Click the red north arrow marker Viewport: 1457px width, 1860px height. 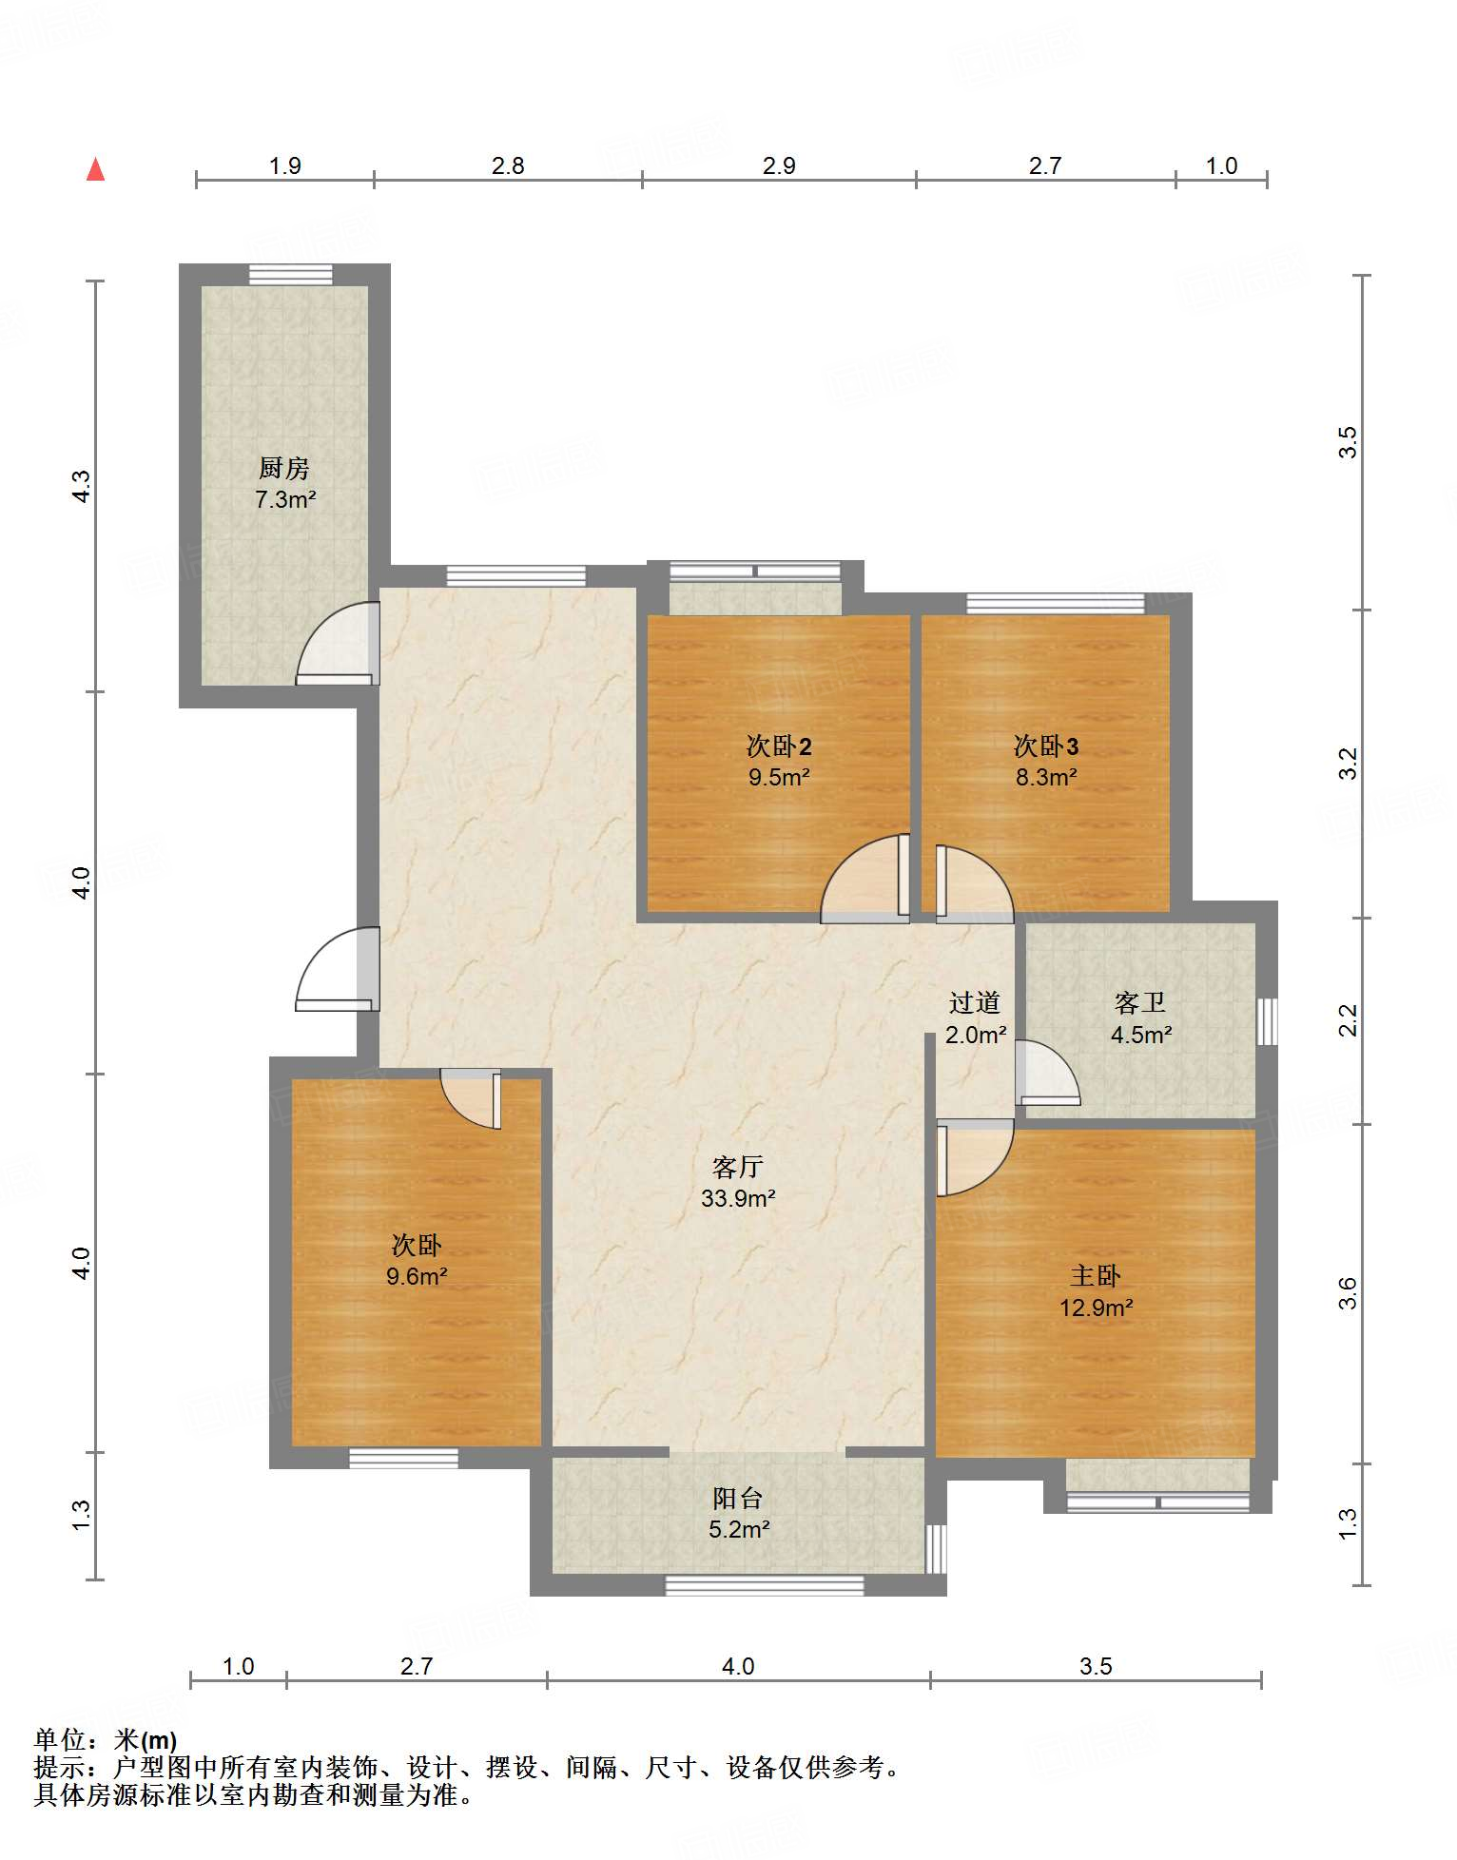coord(95,169)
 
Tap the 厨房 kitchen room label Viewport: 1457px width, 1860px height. coord(284,468)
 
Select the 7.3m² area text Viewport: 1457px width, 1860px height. coord(285,499)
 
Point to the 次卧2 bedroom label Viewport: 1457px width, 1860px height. coord(779,746)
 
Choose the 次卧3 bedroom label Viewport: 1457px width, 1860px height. coord(1046,746)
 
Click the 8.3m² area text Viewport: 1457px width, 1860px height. coord(1046,777)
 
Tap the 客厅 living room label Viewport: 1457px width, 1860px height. coord(738,1167)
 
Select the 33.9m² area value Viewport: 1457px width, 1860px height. coord(738,1198)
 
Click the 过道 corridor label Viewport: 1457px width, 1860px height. coord(975,1002)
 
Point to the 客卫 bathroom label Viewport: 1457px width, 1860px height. coord(1140,1002)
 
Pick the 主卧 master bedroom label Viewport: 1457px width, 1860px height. coord(1096,1276)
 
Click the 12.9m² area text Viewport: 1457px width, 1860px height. coord(1096,1308)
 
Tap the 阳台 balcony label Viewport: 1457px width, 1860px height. coord(738,1499)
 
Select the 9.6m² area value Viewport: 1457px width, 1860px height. coord(417,1276)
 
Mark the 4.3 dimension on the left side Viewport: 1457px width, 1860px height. coord(82,487)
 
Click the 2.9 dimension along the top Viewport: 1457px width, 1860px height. coord(779,165)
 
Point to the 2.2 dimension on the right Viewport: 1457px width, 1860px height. coord(1349,1020)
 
